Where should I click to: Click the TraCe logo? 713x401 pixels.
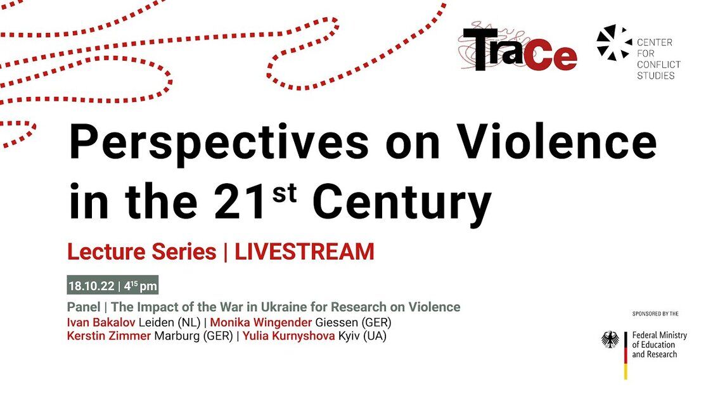tap(518, 48)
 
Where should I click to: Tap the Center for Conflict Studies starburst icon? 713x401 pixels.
tap(614, 42)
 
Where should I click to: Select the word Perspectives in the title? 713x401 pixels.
tap(218, 143)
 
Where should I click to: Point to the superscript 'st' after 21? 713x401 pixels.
tap(285, 194)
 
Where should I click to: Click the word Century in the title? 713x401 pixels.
tap(402, 203)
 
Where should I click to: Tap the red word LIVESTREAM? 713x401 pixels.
tap(304, 252)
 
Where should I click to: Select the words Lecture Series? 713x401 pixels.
tap(141, 252)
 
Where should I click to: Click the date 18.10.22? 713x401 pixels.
tap(91, 286)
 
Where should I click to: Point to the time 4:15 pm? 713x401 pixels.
tap(141, 286)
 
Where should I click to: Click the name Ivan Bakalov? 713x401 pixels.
tap(101, 322)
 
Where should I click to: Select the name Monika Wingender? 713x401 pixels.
tap(260, 322)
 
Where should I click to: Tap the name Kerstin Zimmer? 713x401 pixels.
tap(108, 336)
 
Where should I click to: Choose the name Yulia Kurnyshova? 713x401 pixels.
tap(289, 336)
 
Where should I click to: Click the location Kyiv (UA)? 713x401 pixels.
tap(363, 336)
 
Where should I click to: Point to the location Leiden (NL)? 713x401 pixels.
tap(169, 322)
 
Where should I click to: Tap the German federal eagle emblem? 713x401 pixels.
tap(610, 340)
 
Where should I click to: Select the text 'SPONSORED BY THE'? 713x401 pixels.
tap(655, 314)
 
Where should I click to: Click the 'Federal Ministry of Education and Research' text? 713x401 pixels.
tap(659, 345)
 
